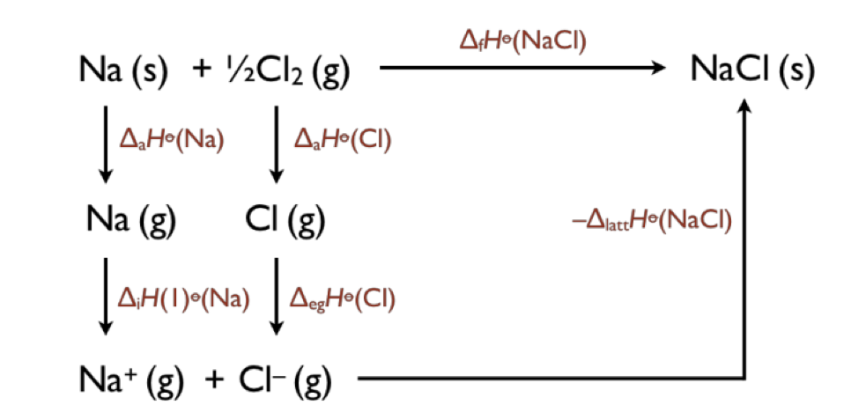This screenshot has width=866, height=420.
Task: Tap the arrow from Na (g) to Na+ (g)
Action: point(106,297)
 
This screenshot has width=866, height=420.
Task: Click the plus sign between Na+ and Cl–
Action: point(214,379)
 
